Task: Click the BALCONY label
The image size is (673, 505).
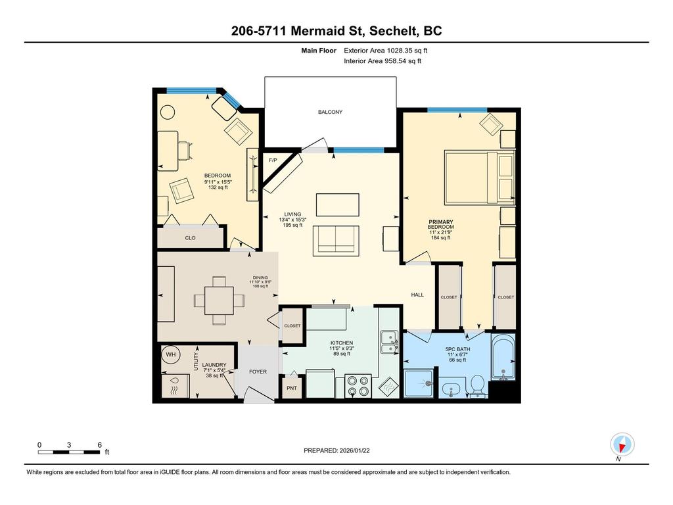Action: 330,112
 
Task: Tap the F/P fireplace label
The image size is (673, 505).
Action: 272,160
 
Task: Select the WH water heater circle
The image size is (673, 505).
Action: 171,355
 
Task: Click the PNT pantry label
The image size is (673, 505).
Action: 291,388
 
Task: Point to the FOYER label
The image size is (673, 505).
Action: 258,372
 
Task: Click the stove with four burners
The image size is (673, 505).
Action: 358,385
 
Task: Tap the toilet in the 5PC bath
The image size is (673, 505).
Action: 476,385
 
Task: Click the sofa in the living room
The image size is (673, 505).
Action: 336,239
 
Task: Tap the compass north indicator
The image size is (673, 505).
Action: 621,445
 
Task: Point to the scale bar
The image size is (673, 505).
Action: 69,452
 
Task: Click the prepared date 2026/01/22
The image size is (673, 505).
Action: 336,450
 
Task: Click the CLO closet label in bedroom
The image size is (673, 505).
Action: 190,238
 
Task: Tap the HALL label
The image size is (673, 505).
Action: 417,295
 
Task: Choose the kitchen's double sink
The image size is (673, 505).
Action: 389,343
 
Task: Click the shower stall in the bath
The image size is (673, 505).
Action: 419,383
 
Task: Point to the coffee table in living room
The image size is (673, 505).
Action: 337,204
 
